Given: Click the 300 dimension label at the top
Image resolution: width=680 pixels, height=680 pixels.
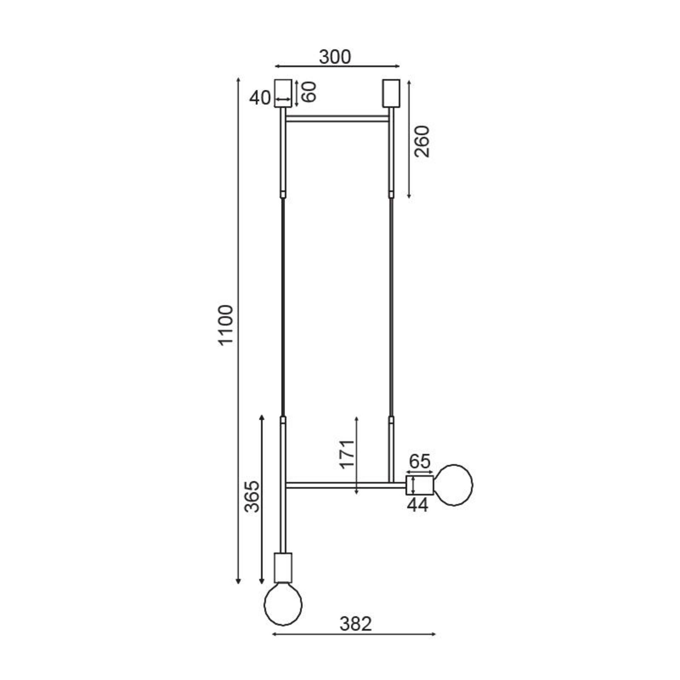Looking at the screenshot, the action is pyautogui.click(x=335, y=57).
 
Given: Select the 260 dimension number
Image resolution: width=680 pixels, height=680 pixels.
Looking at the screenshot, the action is pyautogui.click(x=422, y=141).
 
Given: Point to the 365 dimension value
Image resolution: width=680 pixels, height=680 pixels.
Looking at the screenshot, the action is pyautogui.click(x=253, y=497).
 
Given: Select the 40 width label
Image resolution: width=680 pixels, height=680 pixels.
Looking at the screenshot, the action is pyautogui.click(x=260, y=98).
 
